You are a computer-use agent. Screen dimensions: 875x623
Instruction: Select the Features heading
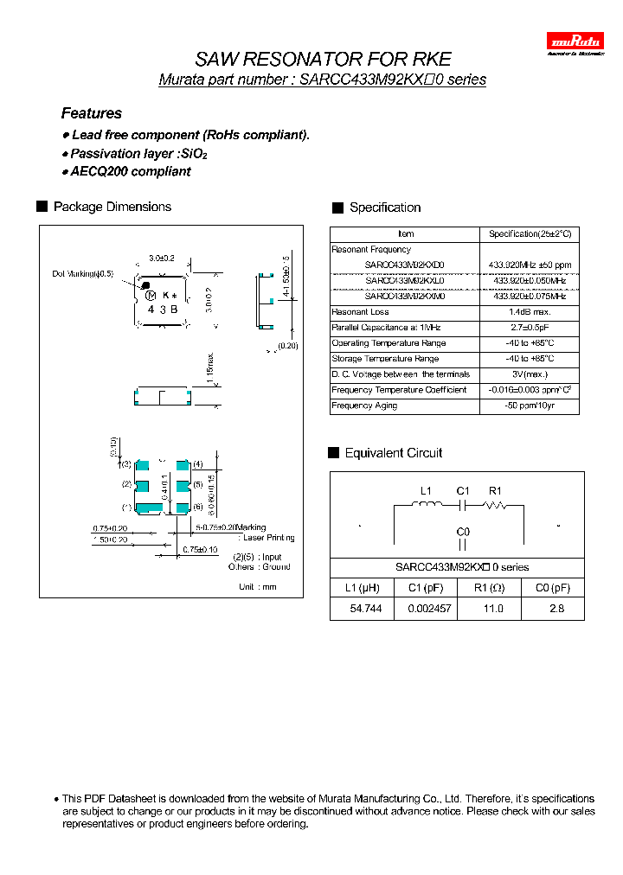[x=91, y=113]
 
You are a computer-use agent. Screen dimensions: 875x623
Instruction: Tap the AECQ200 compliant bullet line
[x=130, y=171]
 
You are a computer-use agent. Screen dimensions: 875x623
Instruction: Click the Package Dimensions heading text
[x=112, y=207]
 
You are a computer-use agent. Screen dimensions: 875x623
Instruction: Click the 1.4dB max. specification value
[x=530, y=312]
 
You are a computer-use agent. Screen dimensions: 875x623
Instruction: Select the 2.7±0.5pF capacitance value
[x=530, y=328]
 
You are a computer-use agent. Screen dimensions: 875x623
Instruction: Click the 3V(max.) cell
[x=530, y=374]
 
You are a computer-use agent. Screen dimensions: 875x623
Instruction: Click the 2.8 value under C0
[x=556, y=609]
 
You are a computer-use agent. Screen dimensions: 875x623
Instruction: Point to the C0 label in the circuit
[x=463, y=531]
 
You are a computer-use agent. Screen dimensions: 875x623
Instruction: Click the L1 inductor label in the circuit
[x=426, y=491]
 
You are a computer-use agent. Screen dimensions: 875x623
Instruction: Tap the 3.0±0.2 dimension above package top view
[x=162, y=258]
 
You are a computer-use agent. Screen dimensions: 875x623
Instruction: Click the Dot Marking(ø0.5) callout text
[x=83, y=274]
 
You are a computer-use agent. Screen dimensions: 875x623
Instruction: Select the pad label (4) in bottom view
[x=198, y=464]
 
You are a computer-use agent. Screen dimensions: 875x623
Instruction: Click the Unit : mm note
[x=257, y=587]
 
